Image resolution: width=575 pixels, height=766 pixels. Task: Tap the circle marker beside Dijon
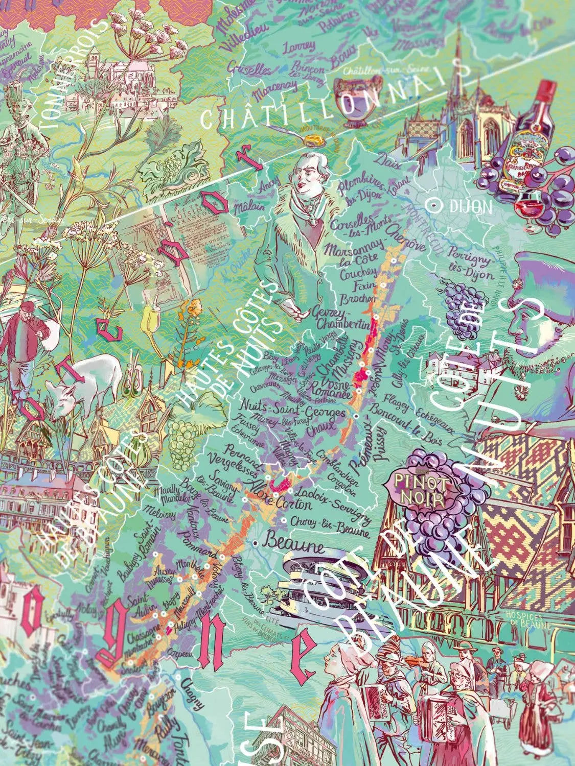click(x=435, y=205)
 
